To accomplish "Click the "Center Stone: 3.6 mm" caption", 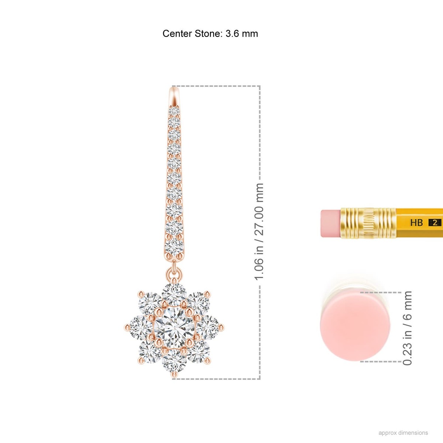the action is pyautogui.click(x=210, y=34).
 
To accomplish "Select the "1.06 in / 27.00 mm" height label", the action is pyautogui.click(x=258, y=232).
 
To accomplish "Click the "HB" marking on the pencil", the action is pyautogui.click(x=416, y=223).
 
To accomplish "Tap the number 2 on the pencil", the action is pyautogui.click(x=435, y=223).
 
